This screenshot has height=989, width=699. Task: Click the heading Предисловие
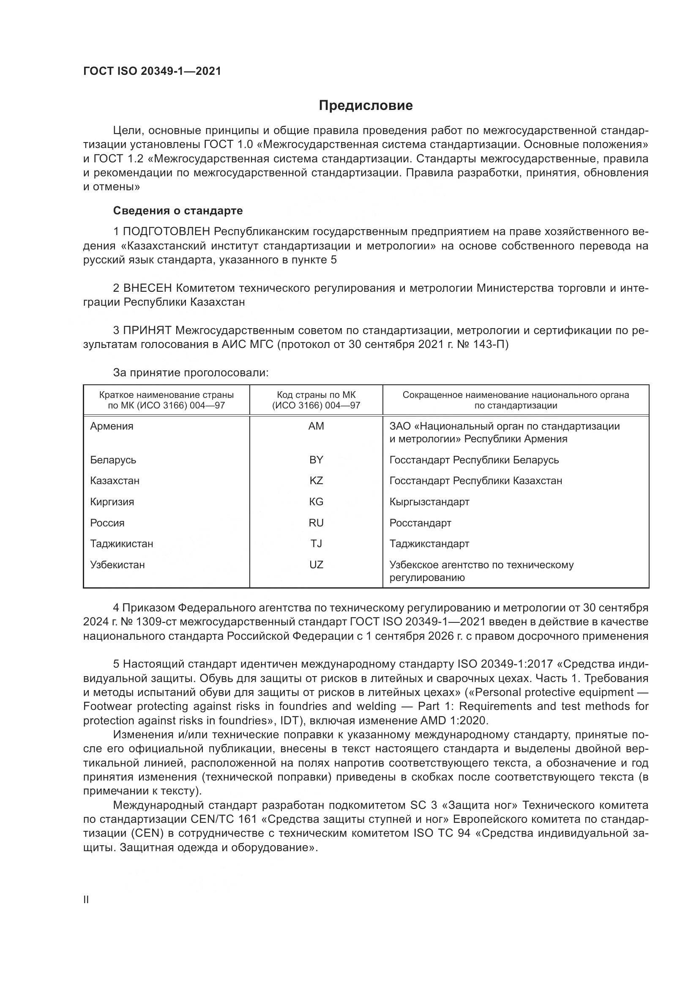pyautogui.click(x=366, y=106)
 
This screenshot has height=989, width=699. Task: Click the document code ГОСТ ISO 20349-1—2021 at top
pyautogui.click(x=152, y=71)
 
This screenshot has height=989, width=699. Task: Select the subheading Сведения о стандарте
pyautogui.click(x=178, y=211)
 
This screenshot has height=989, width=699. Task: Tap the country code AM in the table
pyautogui.click(x=316, y=426)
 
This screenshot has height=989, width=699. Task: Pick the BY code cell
pyautogui.click(x=316, y=460)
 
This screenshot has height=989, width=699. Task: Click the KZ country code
pyautogui.click(x=316, y=480)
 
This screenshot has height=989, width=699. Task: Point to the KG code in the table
pyautogui.click(x=316, y=501)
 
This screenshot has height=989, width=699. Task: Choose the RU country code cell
pyautogui.click(x=316, y=523)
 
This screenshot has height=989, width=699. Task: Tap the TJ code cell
pyautogui.click(x=316, y=543)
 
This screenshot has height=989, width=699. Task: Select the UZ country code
pyautogui.click(x=316, y=564)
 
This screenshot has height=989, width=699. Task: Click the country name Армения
pyautogui.click(x=112, y=426)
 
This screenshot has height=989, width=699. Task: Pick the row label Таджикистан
pyautogui.click(x=121, y=543)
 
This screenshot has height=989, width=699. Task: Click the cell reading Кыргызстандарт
pyautogui.click(x=429, y=501)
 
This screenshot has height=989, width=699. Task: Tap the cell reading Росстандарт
pyautogui.click(x=420, y=523)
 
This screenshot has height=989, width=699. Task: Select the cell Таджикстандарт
pyautogui.click(x=429, y=543)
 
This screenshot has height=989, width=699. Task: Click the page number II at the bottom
pyautogui.click(x=86, y=899)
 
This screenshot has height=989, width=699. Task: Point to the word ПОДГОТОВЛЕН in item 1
pyautogui.click(x=167, y=232)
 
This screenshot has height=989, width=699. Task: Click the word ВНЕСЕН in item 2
pyautogui.click(x=147, y=288)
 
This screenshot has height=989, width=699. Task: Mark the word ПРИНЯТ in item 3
pyautogui.click(x=147, y=330)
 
